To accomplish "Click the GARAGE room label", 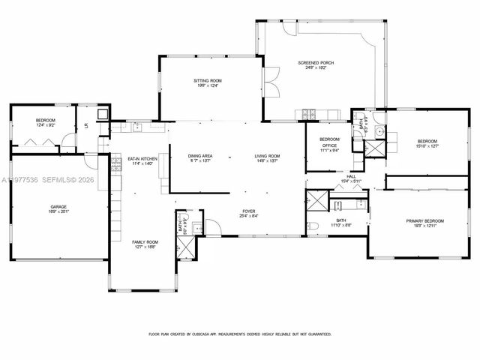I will tap(59, 206).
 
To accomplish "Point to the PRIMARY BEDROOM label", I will tap(425, 220).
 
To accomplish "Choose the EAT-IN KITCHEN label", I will tap(142, 158).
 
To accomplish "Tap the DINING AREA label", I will tap(200, 156).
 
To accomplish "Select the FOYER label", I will tap(249, 211).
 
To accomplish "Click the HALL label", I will tap(351, 176).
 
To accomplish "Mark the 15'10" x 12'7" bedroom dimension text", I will tap(428, 145).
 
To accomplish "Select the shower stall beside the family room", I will tap(182, 225).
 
